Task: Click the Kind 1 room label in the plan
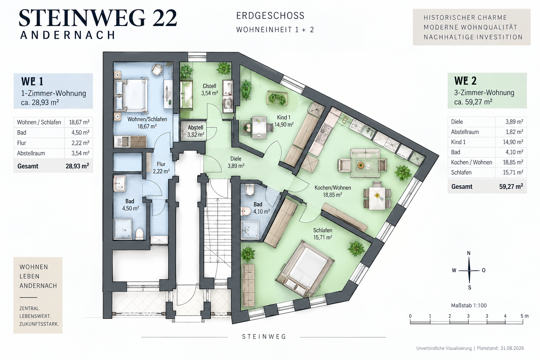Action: coord(284,121)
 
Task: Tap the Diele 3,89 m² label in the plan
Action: coord(236,162)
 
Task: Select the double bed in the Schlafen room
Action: coord(305,268)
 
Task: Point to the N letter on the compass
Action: coord(469,253)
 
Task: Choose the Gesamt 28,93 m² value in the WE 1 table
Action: coord(77,166)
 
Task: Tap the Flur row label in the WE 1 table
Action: coord(21,143)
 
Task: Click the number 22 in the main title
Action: coord(165,18)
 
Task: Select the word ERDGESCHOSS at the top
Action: coord(270,16)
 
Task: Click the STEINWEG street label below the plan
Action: coord(264,336)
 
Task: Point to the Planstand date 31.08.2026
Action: coord(512,348)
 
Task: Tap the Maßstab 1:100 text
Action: coord(469,305)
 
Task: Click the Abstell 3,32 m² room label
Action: coord(196,131)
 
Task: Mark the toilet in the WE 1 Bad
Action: coord(140,233)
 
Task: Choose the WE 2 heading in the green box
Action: coord(465,81)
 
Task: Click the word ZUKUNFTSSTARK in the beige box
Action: coord(39,324)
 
